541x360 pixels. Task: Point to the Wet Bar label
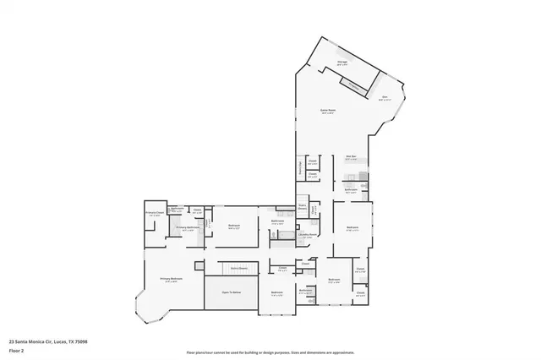(x=352, y=156)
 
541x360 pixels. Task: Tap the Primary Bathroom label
(x=187, y=227)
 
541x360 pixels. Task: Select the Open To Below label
(x=232, y=292)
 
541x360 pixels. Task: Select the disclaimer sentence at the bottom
(x=270, y=352)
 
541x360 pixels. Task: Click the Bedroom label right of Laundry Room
(x=352, y=227)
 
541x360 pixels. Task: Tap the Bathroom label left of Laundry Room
(x=277, y=221)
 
